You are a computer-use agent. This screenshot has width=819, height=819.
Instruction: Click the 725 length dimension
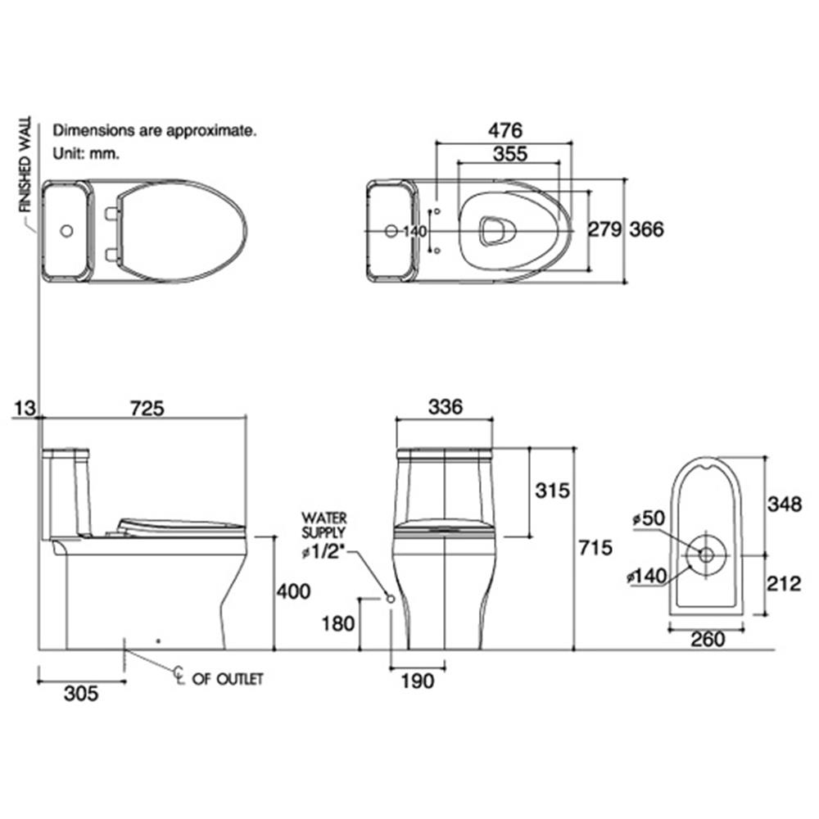(147, 408)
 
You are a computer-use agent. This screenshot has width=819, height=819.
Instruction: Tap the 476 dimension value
(505, 130)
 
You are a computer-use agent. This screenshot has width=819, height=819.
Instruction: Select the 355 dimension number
(510, 154)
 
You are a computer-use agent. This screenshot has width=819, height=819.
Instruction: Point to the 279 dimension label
(605, 229)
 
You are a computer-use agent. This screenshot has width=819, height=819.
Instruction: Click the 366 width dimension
(647, 229)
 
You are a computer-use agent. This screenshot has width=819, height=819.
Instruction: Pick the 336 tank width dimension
(445, 406)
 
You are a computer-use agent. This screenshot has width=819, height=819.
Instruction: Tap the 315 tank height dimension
(552, 491)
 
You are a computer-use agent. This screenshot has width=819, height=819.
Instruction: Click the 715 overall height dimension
(595, 547)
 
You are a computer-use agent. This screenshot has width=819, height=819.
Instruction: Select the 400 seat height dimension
(293, 591)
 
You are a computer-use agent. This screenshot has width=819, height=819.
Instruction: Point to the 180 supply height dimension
(338, 623)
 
